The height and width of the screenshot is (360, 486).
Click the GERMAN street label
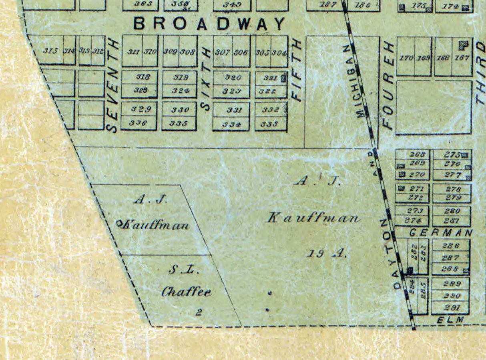[441, 232]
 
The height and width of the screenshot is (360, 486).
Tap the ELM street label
[450, 320]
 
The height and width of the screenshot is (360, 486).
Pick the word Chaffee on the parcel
[186, 292]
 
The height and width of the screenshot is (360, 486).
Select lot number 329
[139, 109]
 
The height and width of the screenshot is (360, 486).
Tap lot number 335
[179, 123]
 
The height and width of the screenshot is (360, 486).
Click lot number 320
[233, 78]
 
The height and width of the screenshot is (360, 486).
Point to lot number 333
[269, 124]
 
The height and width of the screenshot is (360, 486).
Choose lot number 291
[450, 308]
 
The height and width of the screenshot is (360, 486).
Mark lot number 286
[450, 246]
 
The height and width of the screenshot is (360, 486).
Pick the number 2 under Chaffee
[198, 313]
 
